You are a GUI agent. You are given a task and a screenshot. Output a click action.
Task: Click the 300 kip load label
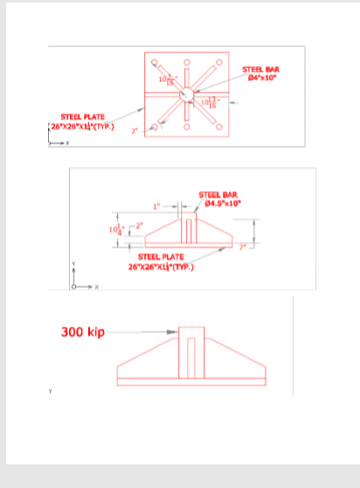(82, 333)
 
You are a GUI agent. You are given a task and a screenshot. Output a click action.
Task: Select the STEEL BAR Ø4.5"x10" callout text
(219, 198)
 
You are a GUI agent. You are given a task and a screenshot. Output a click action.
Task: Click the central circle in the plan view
(186, 94)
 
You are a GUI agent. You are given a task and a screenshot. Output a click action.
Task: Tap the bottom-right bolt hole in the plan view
(218, 127)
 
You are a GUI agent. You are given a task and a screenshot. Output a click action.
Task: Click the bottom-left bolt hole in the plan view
(155, 127)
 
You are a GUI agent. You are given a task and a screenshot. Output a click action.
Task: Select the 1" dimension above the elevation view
(157, 207)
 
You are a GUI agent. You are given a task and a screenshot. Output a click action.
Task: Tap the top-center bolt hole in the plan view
(186, 61)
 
